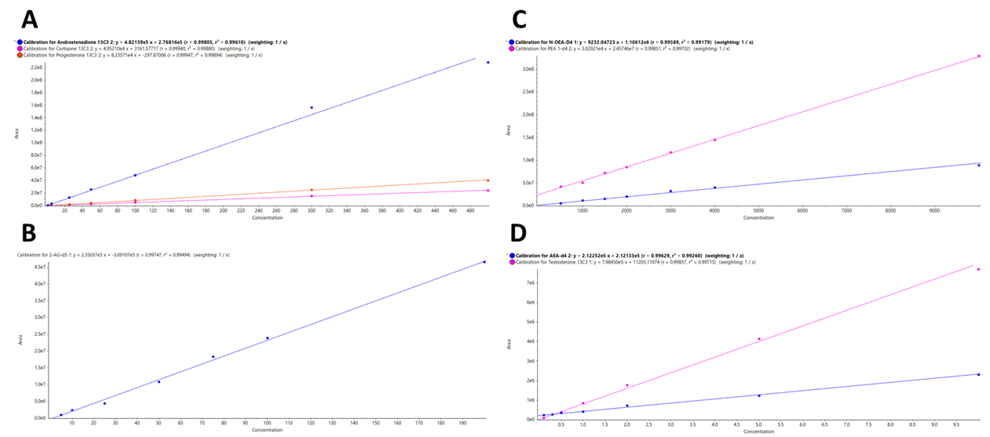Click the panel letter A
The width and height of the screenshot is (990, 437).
point(29,18)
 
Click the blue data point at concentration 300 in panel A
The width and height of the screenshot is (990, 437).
point(312,107)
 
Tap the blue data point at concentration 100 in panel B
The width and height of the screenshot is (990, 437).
point(267,338)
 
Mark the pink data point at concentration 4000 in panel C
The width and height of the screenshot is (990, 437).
point(714,140)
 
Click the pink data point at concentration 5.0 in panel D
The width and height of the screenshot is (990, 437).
point(759,339)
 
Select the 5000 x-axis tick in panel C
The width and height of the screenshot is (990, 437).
point(758,210)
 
